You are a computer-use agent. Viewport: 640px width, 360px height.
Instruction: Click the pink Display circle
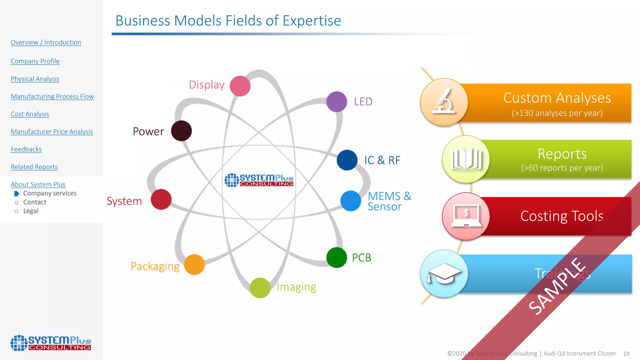(x=240, y=86)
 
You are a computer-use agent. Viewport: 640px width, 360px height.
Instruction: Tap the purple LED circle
(x=337, y=102)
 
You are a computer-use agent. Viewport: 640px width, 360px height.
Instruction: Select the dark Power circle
(x=181, y=131)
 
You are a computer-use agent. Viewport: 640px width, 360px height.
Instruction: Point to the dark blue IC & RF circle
(x=347, y=160)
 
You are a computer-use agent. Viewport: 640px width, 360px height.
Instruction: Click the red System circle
(x=161, y=199)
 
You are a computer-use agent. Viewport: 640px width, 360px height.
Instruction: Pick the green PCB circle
(x=337, y=257)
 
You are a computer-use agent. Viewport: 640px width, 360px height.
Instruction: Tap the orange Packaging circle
(x=194, y=264)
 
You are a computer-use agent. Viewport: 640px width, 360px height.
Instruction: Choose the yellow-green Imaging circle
(x=260, y=288)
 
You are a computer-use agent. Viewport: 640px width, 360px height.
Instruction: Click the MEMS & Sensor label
(x=389, y=201)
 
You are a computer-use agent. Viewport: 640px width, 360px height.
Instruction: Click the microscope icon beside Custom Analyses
(x=444, y=102)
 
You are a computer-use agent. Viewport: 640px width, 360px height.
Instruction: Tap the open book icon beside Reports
(x=466, y=159)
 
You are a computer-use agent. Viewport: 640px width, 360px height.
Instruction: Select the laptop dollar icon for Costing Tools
(x=466, y=216)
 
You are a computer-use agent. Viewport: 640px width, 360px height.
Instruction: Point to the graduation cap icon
(x=444, y=273)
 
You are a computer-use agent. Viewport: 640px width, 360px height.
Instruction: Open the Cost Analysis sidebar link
(x=30, y=114)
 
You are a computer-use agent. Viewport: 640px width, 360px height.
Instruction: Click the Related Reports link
(x=34, y=167)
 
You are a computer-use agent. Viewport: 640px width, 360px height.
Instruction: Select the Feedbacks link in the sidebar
(x=26, y=149)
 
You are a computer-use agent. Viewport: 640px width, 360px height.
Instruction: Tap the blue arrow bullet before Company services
(x=17, y=193)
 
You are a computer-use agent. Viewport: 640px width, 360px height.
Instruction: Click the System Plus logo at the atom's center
(x=259, y=180)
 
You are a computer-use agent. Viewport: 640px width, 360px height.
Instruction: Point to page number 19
(x=626, y=353)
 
